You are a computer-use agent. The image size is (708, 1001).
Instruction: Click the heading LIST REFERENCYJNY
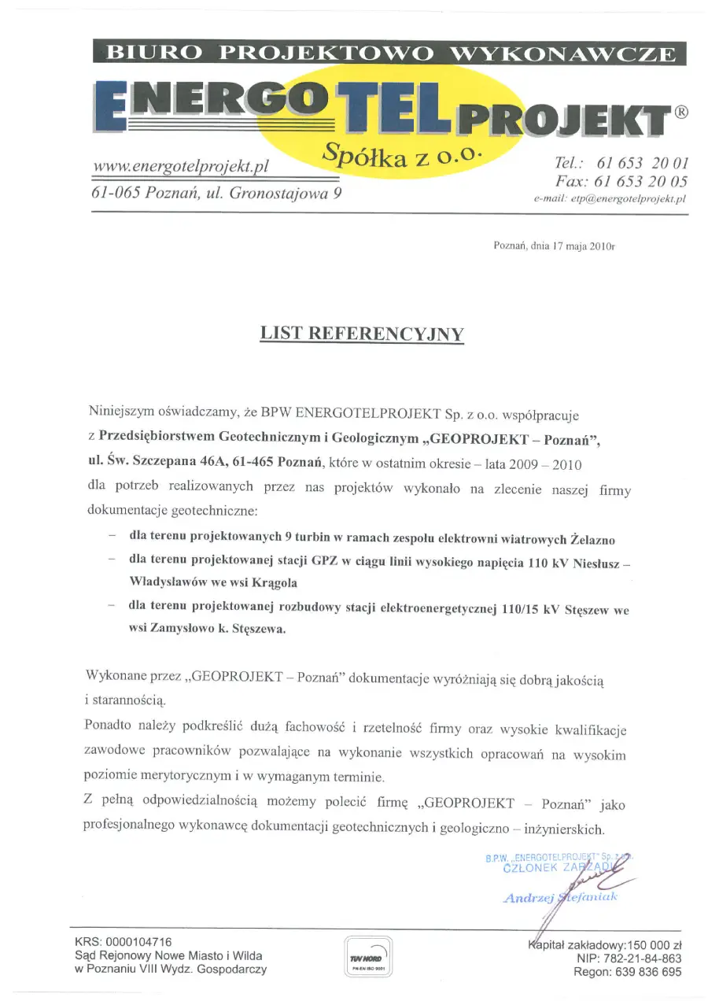(362, 333)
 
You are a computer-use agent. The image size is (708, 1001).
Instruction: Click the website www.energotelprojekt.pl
(182, 166)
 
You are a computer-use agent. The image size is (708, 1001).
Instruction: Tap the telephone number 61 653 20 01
(643, 164)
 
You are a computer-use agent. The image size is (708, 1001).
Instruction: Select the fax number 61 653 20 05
(643, 181)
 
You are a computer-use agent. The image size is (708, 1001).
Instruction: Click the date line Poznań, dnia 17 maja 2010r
(554, 246)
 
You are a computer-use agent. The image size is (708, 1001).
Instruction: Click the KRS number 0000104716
(138, 941)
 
